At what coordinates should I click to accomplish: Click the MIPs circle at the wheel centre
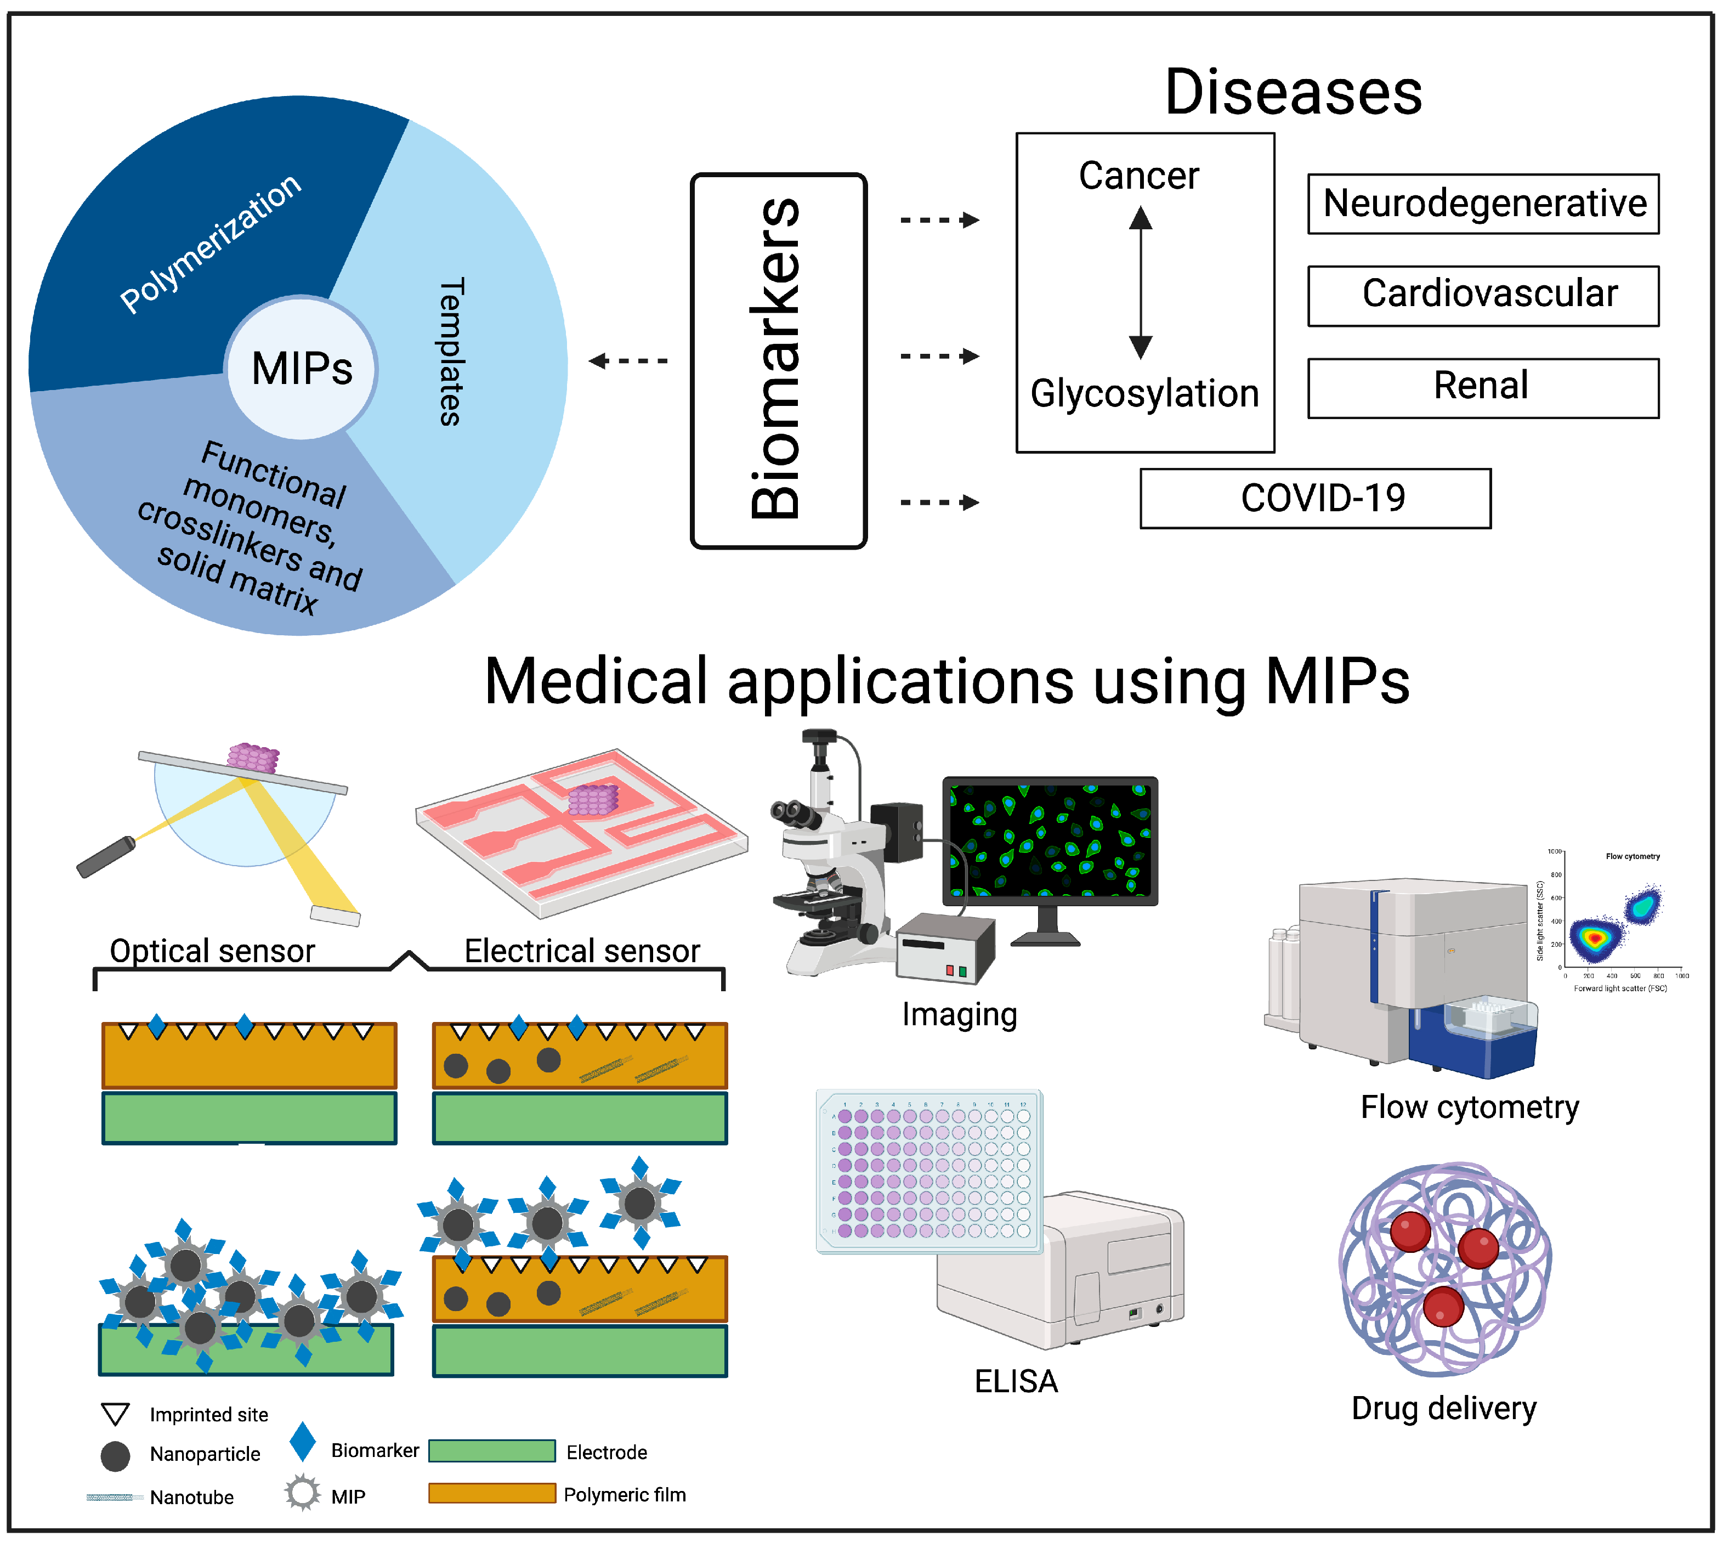[302, 368]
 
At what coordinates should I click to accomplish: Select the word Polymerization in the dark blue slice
[210, 242]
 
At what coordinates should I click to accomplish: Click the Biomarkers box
[778, 360]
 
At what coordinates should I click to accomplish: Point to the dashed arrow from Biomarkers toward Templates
[628, 361]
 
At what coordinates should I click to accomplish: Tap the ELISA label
[1015, 1381]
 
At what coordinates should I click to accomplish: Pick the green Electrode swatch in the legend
[491, 1450]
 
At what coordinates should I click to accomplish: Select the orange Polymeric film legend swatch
[491, 1493]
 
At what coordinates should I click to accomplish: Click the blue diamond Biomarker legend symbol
[302, 1441]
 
